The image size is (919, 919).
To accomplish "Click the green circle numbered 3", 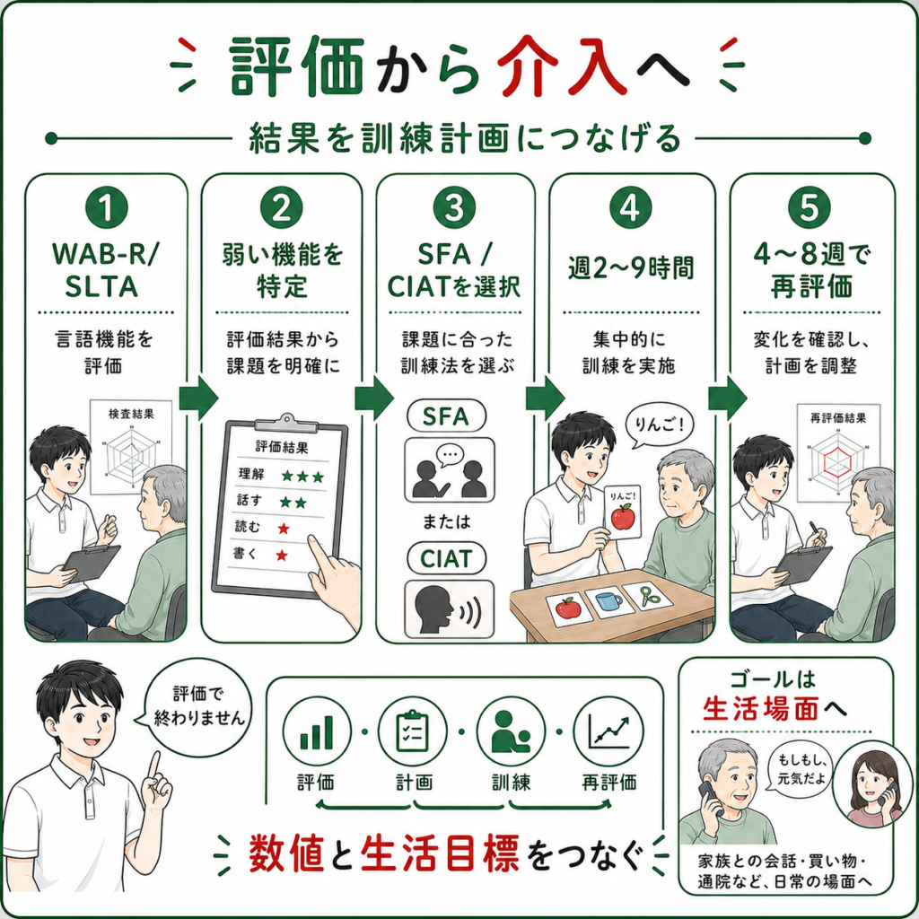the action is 454,208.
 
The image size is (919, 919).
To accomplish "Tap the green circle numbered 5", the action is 810,208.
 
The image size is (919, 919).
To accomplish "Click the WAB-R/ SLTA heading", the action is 104,270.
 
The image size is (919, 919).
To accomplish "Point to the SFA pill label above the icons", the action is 447,416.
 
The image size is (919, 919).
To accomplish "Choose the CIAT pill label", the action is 447,558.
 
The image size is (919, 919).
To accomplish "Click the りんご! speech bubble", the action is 659,426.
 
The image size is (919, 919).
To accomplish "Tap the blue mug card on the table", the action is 610,602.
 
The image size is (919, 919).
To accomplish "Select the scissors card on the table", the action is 650,597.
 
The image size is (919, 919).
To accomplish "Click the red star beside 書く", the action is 282,555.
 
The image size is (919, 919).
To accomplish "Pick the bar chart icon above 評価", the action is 317,731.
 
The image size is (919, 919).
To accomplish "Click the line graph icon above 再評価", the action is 608,731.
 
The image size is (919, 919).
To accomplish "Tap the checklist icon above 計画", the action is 413,731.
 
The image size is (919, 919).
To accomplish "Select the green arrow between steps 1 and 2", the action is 198,398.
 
